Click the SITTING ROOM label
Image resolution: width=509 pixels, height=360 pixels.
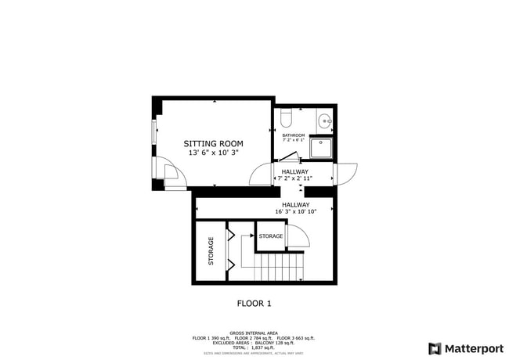coord(213,144)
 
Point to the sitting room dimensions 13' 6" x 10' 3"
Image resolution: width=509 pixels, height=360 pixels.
coord(213,153)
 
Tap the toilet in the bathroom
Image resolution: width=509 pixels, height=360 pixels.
coord(287,118)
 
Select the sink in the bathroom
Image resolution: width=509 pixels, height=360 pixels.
coord(326,121)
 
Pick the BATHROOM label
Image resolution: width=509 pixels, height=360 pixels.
coord(294,135)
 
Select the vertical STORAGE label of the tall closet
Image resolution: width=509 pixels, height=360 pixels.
coord(211,251)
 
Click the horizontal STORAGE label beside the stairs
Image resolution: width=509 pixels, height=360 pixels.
coord(271,236)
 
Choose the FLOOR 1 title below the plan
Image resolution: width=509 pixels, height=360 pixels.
coord(254,303)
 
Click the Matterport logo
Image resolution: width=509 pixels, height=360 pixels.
coord(466,348)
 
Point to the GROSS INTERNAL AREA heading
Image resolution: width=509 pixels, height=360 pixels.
coord(254,333)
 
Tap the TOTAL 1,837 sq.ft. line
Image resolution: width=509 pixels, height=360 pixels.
coord(254,347)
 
